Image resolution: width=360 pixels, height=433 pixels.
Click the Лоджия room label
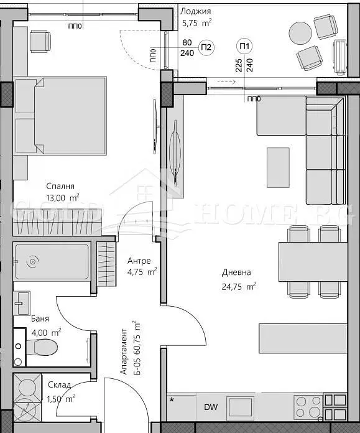tap(195, 12)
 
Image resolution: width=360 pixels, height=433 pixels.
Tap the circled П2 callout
tap(206, 47)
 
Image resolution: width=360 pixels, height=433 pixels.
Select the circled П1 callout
tap(244, 46)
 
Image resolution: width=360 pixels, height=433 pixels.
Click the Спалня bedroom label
tap(60, 186)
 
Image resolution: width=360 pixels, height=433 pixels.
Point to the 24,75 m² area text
tap(239, 286)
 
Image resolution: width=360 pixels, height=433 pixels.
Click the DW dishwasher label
tap(211, 407)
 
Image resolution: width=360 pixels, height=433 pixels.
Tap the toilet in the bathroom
tap(42, 347)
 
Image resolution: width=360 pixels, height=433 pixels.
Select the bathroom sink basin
tap(22, 303)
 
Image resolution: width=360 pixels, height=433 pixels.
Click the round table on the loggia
tap(300, 33)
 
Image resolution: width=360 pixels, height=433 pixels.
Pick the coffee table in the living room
tap(278, 167)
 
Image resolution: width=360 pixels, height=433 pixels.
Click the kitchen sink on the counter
tap(240, 407)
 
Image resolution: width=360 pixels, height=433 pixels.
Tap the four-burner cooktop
tap(308, 407)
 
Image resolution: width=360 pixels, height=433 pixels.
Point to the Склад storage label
tap(59, 384)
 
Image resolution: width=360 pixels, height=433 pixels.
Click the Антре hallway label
tap(139, 261)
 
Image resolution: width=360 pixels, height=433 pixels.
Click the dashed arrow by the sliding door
tap(226, 81)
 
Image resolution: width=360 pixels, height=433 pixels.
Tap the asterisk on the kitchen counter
tap(172, 399)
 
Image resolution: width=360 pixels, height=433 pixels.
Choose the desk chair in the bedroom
tap(40, 42)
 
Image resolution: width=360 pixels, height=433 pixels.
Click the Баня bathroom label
tap(40, 319)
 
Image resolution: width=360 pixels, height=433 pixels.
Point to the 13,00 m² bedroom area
tap(63, 198)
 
